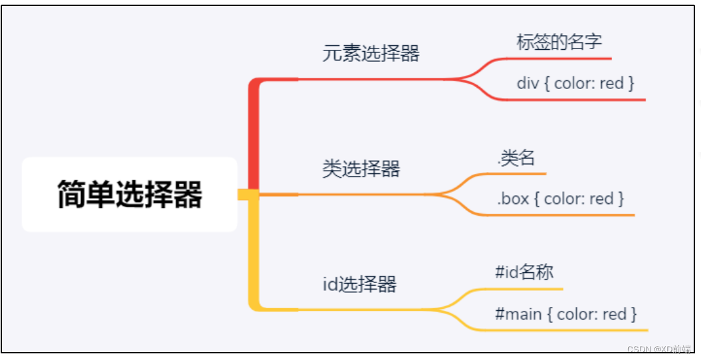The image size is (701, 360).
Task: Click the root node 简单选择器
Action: click(x=130, y=195)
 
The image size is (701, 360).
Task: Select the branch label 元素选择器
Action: click(x=371, y=53)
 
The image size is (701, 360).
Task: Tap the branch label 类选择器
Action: click(x=361, y=169)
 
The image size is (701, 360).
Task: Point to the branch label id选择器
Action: click(x=359, y=284)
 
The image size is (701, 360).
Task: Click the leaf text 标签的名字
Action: click(x=559, y=42)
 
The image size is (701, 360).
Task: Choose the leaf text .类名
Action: click(x=516, y=158)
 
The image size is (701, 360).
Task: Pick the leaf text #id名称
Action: click(x=524, y=272)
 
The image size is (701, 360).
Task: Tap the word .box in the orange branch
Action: click(x=512, y=199)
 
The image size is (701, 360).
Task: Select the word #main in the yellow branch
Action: click(x=519, y=314)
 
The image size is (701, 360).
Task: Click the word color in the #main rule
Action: click(x=575, y=314)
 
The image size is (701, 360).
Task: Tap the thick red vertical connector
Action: click(x=253, y=133)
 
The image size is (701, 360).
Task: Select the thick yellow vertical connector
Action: click(x=253, y=252)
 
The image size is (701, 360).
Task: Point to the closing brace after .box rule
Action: click(x=621, y=199)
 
